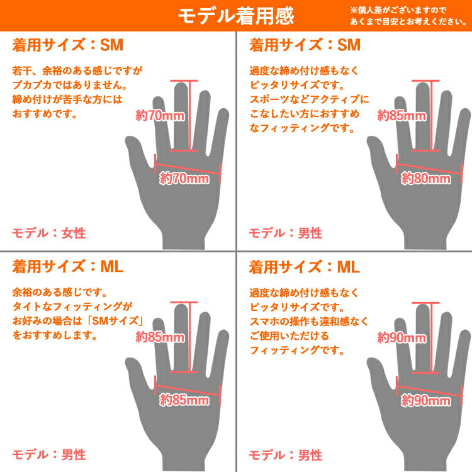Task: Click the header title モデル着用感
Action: click(236, 16)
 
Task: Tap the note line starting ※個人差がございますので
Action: click(397, 10)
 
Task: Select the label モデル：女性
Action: click(48, 233)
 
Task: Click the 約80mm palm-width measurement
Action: click(426, 179)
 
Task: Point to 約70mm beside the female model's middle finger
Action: click(160, 115)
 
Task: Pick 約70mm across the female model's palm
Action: click(184, 179)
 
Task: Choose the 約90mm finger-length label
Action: click(402, 337)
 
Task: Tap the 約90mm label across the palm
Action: click(426, 400)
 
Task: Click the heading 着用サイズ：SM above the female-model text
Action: click(68, 45)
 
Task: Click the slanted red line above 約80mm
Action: click(429, 168)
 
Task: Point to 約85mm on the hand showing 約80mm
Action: click(402, 115)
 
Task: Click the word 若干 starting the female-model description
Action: click(22, 70)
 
